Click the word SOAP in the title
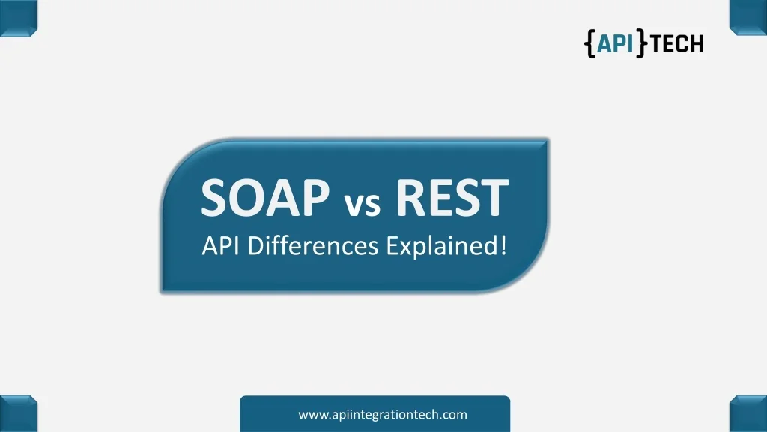pyautogui.click(x=265, y=197)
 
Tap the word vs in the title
pyautogui.click(x=362, y=203)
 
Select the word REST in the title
pyautogui.click(x=452, y=197)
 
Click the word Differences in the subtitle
pyautogui.click(x=312, y=245)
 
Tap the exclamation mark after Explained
pyautogui.click(x=503, y=245)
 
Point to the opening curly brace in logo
pyautogui.click(x=590, y=43)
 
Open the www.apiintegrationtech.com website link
pyautogui.click(x=383, y=414)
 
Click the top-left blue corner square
pyautogui.click(x=19, y=18)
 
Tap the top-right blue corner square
pyautogui.click(x=748, y=18)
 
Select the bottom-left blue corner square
pyautogui.click(x=19, y=413)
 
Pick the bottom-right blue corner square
pyautogui.click(x=748, y=414)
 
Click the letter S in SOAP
pyautogui.click(x=215, y=197)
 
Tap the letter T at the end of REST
pyautogui.click(x=494, y=197)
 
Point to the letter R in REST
pyautogui.click(x=410, y=197)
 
